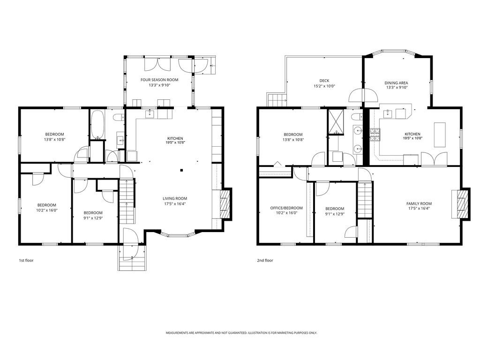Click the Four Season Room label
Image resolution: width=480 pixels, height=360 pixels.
coord(159,80)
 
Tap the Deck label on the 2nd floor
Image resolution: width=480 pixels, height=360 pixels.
coord(324,81)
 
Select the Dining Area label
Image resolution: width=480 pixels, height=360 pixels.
coord(396,83)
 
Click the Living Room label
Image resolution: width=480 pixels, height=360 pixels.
coord(175,198)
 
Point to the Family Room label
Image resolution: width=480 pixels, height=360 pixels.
coord(419,203)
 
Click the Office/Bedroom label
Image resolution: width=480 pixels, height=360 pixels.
coord(286,208)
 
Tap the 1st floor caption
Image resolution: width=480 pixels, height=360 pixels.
coord(26,261)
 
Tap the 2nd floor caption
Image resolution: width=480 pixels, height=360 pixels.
coord(265,261)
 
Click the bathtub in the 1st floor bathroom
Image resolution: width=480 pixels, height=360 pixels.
coord(97,124)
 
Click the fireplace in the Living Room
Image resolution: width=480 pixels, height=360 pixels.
coord(225,204)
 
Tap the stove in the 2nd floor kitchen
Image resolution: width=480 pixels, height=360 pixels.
coord(375,135)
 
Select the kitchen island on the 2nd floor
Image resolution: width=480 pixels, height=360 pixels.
coord(440,135)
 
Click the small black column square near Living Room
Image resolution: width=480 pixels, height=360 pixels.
coord(181,170)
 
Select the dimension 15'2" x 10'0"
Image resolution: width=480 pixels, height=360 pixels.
coord(324,86)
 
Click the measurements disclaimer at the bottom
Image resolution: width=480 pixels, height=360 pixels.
coord(241,333)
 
